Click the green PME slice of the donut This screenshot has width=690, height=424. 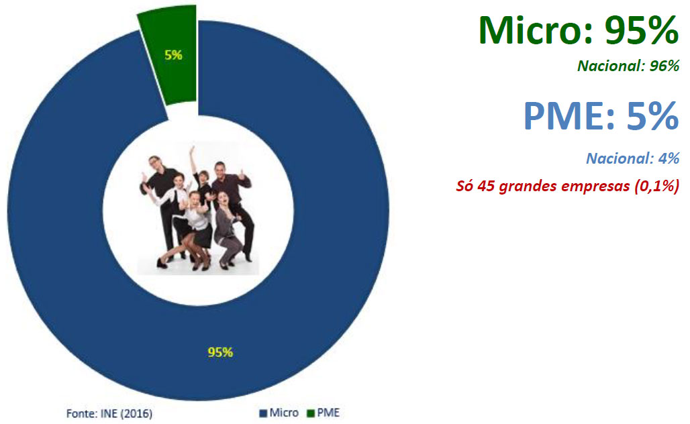pyautogui.click(x=169, y=79)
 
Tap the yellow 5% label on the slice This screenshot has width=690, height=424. pyautogui.click(x=173, y=55)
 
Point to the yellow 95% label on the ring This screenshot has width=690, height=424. pyautogui.click(x=220, y=352)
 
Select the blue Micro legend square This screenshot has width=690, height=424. pyautogui.click(x=264, y=413)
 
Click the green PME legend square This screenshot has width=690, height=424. pyautogui.click(x=311, y=413)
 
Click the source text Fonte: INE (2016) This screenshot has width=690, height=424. pyautogui.click(x=109, y=414)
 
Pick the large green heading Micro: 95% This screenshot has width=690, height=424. pyautogui.click(x=579, y=30)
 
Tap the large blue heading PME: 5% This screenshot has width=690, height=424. pyautogui.click(x=601, y=115)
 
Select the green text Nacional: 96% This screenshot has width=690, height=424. pyautogui.click(x=628, y=66)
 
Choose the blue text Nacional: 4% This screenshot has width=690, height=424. pyautogui.click(x=633, y=158)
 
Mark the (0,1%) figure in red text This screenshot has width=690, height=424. pyautogui.click(x=656, y=186)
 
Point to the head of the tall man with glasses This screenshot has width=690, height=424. pyautogui.click(x=154, y=162)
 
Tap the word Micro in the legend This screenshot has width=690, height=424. pyautogui.click(x=284, y=413)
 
